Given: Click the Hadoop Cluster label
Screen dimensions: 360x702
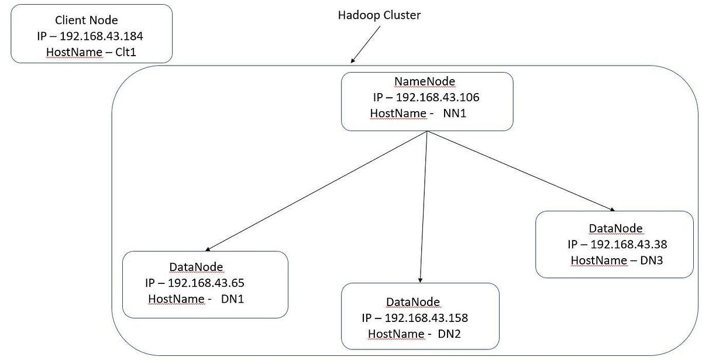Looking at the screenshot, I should click(379, 15).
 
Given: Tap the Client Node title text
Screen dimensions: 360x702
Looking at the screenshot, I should click(91, 20).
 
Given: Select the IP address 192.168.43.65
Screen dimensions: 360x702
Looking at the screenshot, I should click(206, 283).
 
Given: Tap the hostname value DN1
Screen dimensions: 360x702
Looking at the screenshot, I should click(232, 299).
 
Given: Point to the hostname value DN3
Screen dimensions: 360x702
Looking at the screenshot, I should click(650, 260).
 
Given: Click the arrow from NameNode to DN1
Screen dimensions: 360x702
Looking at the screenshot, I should click(316, 191).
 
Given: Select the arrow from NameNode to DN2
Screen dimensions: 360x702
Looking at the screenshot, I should click(424, 205).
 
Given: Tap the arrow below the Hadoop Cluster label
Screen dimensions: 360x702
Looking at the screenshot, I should click(366, 44).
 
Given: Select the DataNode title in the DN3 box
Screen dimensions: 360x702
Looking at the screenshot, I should click(615, 228).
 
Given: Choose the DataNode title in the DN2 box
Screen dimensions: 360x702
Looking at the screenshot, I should click(413, 302).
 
